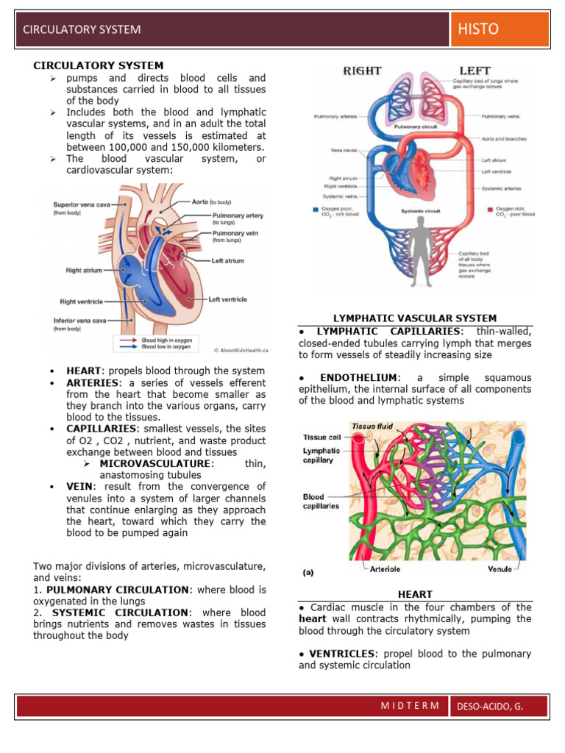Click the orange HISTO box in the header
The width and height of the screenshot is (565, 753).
tap(500, 29)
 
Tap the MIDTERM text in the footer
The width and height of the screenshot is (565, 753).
tap(410, 706)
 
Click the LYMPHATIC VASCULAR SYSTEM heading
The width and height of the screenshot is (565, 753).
tap(415, 318)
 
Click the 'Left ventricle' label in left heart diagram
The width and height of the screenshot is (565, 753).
tap(227, 299)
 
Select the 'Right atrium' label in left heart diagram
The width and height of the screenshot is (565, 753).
tap(84, 271)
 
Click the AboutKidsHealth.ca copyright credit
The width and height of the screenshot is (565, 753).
tap(240, 350)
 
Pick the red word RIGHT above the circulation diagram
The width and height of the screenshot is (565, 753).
tap(362, 71)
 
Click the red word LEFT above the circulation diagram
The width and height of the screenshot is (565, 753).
tap(475, 71)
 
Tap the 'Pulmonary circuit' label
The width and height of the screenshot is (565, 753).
tap(417, 126)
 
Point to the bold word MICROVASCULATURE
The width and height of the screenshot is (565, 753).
tap(156, 463)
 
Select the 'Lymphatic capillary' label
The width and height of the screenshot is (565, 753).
tap(321, 455)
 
